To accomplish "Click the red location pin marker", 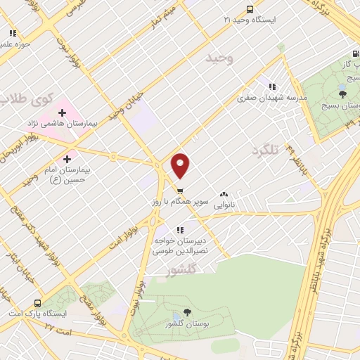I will (181, 165).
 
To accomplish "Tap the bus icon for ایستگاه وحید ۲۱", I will (250, 9).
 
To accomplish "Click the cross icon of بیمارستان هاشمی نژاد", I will (62, 112).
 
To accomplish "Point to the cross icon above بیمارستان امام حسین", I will (67, 159).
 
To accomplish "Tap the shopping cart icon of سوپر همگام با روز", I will (180, 191).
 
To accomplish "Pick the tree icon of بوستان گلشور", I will (186, 312).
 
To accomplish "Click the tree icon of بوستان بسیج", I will (342, 94).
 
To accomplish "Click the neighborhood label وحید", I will (218, 59).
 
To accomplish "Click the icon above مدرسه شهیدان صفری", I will (271, 87).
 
